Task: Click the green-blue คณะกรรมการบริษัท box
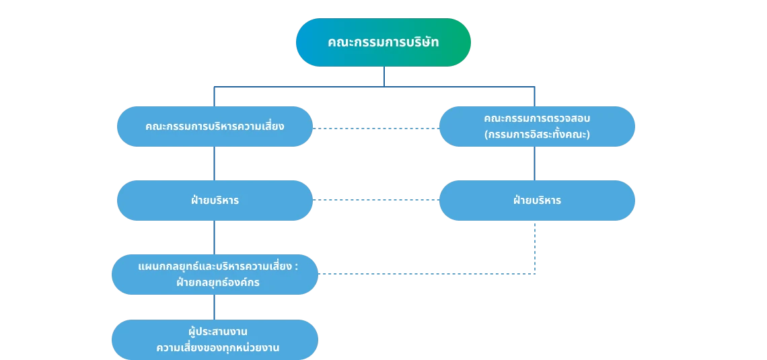383,42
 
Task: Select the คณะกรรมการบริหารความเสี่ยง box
215,127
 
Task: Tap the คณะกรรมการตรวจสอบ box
536,126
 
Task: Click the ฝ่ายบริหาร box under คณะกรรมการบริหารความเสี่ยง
215,201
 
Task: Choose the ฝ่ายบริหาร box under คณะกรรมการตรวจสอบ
536,201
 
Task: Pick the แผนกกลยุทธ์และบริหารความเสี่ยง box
215,274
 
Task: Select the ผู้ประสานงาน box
215,340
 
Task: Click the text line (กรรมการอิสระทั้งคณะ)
536,135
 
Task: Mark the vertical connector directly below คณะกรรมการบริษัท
383,77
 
